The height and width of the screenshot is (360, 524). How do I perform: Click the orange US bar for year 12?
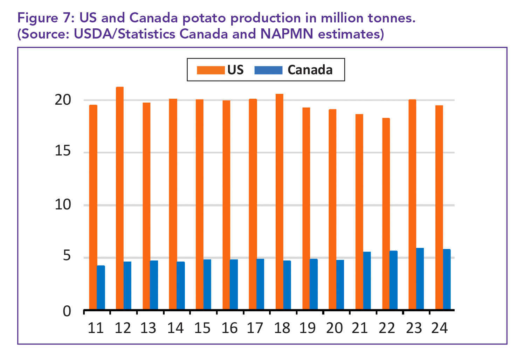tap(120, 198)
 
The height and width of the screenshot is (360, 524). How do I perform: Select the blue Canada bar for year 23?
tap(420, 279)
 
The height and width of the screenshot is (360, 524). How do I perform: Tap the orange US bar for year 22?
tap(386, 214)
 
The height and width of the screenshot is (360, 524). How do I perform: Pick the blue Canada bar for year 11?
tap(101, 288)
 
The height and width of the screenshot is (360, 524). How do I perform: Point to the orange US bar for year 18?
tap(280, 202)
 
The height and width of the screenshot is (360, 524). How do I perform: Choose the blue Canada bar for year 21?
tap(367, 281)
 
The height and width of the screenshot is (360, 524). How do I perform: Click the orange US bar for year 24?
tap(439, 207)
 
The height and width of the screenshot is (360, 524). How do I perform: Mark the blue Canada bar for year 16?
tap(234, 284)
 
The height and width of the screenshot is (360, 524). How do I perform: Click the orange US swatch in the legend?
tap(211, 70)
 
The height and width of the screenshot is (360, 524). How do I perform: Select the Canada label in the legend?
tap(310, 70)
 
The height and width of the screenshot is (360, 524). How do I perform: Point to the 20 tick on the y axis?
tap(63, 100)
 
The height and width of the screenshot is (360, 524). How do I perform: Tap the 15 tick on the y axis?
tap(63, 152)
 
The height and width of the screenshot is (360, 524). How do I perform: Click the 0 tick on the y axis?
tap(67, 311)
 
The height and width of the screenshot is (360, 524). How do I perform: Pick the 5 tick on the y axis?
tap(67, 257)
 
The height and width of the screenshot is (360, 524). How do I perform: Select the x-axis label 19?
tap(308, 328)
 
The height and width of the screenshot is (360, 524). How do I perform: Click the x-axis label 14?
tap(175, 328)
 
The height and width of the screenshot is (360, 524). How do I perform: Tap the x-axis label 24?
tap(439, 328)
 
